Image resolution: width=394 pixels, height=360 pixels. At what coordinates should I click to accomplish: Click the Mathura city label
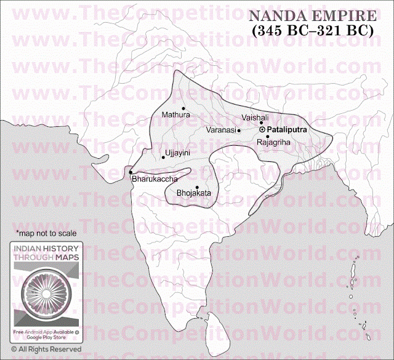(x=175, y=114)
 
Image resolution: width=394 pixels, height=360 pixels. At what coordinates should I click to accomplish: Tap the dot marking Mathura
(x=183, y=108)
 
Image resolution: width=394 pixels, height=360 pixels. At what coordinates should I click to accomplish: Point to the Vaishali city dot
(x=261, y=122)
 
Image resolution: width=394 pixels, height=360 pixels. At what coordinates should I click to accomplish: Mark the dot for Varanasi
(x=239, y=130)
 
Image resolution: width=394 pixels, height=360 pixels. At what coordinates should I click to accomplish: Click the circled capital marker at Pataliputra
(x=263, y=130)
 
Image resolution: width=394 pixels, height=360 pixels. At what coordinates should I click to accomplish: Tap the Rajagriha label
(x=273, y=142)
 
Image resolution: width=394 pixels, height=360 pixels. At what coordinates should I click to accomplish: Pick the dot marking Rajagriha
(x=268, y=136)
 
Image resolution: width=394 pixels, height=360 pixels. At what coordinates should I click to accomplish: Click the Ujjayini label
(x=176, y=151)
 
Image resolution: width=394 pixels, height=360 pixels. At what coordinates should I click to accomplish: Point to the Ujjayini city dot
(x=163, y=157)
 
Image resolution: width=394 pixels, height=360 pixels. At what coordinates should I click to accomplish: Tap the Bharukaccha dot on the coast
(x=131, y=172)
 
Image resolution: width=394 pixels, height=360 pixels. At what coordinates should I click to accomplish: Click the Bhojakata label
(x=193, y=193)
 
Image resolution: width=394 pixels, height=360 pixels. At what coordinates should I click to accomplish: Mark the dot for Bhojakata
(x=197, y=187)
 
